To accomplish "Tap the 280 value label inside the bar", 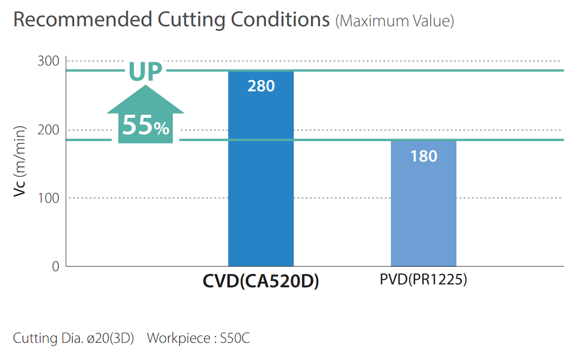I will pos(261,87).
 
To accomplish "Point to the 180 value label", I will pos(424,156).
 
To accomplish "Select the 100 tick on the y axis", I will pos(48,198).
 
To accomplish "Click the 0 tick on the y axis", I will pos(55,266).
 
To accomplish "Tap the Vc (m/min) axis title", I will pos(19,163).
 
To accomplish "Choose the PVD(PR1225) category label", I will pos(423,280).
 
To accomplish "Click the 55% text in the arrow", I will pos(145,126).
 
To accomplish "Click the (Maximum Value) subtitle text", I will pos(394,21).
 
